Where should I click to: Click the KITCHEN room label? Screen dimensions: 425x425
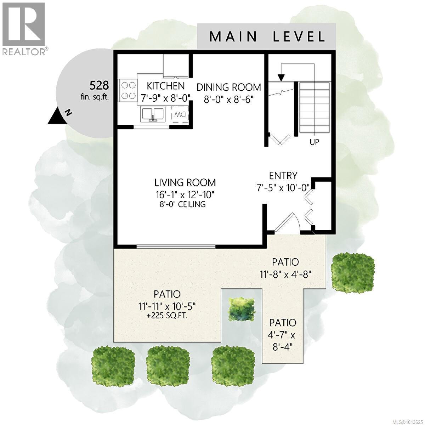pyautogui.click(x=166, y=86)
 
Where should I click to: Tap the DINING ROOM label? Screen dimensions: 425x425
pyautogui.click(x=229, y=87)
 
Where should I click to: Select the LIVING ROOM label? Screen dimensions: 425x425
pyautogui.click(x=185, y=183)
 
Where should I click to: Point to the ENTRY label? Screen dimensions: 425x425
pyautogui.click(x=283, y=176)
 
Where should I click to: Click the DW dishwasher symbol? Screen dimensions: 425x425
pyautogui.click(x=180, y=114)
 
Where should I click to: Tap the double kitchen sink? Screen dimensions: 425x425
pyautogui.click(x=153, y=114)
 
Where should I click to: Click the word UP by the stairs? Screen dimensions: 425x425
pyautogui.click(x=314, y=142)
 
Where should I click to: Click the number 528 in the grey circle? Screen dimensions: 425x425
pyautogui.click(x=99, y=85)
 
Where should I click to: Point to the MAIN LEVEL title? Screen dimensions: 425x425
pyautogui.click(x=267, y=36)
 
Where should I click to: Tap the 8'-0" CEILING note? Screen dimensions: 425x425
pyautogui.click(x=182, y=204)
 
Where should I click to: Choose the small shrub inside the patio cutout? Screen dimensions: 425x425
pyautogui.click(x=242, y=309)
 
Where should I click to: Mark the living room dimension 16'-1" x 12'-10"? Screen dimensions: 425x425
pyautogui.click(x=185, y=194)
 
